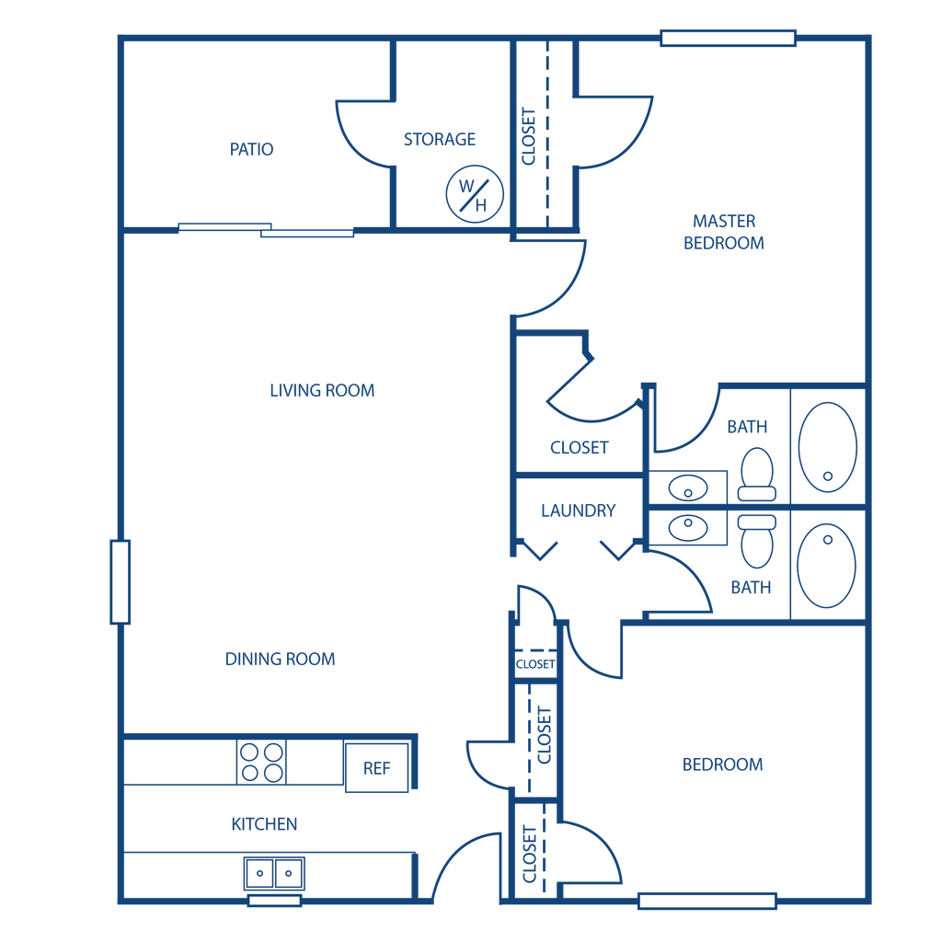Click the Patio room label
[252, 149]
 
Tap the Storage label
[441, 140]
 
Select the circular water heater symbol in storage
[475, 194]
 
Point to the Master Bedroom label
[725, 232]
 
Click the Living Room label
[323, 390]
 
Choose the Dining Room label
[281, 660]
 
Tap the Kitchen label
[265, 823]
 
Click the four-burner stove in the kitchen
[262, 762]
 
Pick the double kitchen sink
[275, 872]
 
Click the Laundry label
[579, 510]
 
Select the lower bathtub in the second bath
[826, 565]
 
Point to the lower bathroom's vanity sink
[689, 526]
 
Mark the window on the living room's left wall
[121, 581]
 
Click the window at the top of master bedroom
[728, 39]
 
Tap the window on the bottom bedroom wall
[707, 901]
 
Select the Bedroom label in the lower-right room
[723, 764]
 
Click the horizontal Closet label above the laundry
[580, 448]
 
